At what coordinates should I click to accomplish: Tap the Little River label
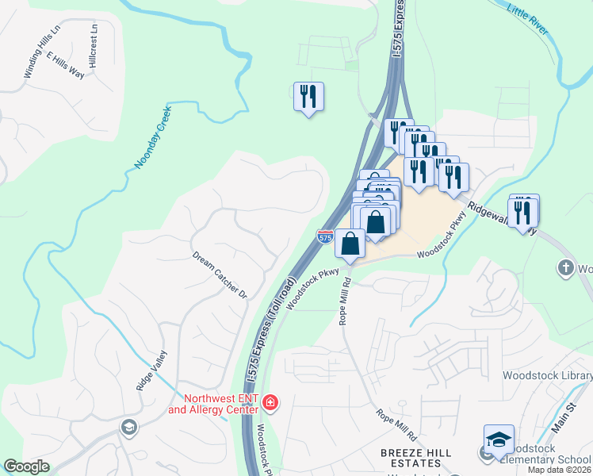point(529,17)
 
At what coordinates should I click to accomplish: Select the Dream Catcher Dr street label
point(220,275)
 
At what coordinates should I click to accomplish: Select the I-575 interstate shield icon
point(325,236)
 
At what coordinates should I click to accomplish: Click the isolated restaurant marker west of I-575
point(308,97)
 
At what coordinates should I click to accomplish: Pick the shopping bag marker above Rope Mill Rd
point(350,244)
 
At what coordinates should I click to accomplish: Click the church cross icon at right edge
point(566,268)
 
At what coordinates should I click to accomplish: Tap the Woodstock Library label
point(547,374)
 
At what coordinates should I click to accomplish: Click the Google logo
point(26,466)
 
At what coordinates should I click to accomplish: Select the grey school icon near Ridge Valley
point(128,428)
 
